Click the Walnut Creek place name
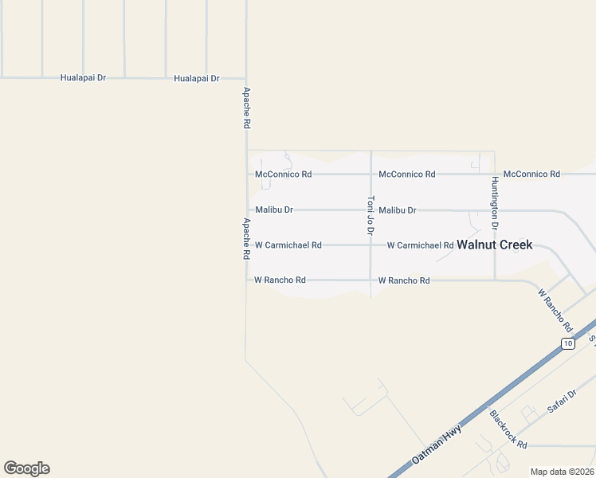(494, 245)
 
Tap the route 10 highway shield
(567, 343)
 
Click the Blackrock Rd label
(508, 429)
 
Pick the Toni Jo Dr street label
(371, 216)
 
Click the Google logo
(26, 468)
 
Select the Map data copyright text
(562, 472)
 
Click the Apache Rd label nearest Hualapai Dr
(247, 108)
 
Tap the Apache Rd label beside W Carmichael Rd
(247, 239)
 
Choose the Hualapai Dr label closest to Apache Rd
(197, 78)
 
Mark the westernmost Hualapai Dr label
(84, 78)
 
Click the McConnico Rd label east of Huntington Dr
(532, 174)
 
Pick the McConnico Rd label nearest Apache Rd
(283, 174)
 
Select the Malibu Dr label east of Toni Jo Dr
(398, 210)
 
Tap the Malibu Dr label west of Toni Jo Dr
(274, 210)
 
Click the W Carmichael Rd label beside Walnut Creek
(420, 245)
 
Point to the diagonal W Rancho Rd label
(555, 310)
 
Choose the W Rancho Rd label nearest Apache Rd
(280, 280)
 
